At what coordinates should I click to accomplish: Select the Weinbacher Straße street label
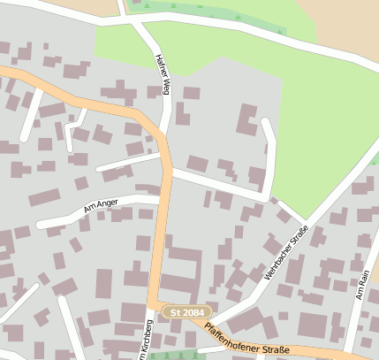coord(288,253)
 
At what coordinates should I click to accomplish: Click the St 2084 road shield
coord(186,312)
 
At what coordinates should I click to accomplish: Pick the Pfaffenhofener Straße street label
coord(246,341)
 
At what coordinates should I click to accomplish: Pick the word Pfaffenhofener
coord(231,335)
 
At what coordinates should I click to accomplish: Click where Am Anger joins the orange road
coord(162,199)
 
